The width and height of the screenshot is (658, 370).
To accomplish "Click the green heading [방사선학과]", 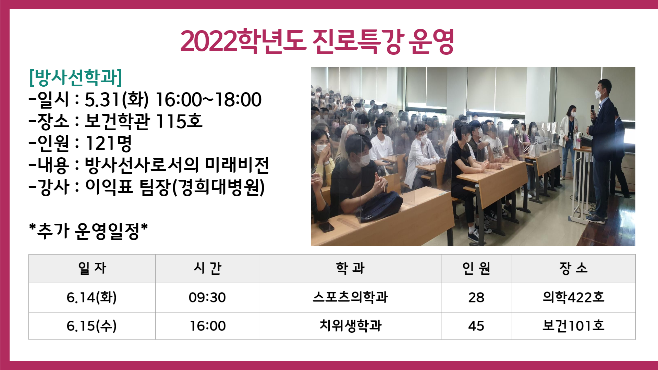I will click(76, 77).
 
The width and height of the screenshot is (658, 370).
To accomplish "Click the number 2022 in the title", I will click(208, 41).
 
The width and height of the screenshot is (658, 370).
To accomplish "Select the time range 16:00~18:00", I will click(208, 100).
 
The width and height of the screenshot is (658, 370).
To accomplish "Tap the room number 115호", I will click(179, 121).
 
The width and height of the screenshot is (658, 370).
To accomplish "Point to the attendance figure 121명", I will click(109, 143).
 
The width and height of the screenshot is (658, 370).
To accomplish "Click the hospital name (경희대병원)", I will click(218, 187).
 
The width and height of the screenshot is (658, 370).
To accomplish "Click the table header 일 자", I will click(92, 268).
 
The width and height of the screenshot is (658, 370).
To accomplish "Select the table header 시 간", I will click(207, 268).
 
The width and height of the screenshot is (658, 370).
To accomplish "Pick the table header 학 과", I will click(350, 268).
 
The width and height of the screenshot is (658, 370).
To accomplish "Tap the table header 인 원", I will click(476, 268).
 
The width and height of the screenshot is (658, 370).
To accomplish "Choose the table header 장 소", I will click(573, 268).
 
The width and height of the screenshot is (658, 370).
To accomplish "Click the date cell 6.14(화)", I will click(92, 297).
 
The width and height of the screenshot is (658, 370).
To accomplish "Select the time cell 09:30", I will click(207, 297).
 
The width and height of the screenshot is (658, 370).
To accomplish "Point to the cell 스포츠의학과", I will click(350, 297).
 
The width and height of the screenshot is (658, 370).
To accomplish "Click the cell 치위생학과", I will click(350, 325).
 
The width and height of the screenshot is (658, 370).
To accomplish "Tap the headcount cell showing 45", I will click(476, 326).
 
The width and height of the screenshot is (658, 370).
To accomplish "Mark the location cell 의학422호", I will click(573, 297).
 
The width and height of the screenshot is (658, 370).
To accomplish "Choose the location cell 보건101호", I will click(573, 325).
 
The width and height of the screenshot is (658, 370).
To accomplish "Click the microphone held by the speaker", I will click(592, 110).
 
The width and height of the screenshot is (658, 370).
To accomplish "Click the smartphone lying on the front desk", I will click(326, 227).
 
